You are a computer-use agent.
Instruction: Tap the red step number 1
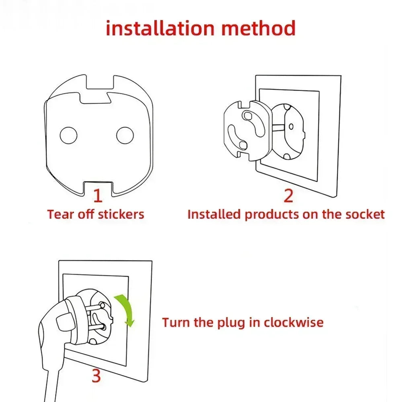click(98, 195)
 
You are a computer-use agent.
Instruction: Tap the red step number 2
click(288, 195)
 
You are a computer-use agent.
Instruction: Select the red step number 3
click(96, 376)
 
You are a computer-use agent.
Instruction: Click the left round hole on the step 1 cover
click(68, 135)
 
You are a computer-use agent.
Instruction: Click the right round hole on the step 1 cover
click(125, 135)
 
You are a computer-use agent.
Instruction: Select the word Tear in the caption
click(57, 214)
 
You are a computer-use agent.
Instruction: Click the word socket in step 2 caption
click(365, 214)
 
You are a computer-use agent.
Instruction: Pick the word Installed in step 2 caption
click(214, 214)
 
